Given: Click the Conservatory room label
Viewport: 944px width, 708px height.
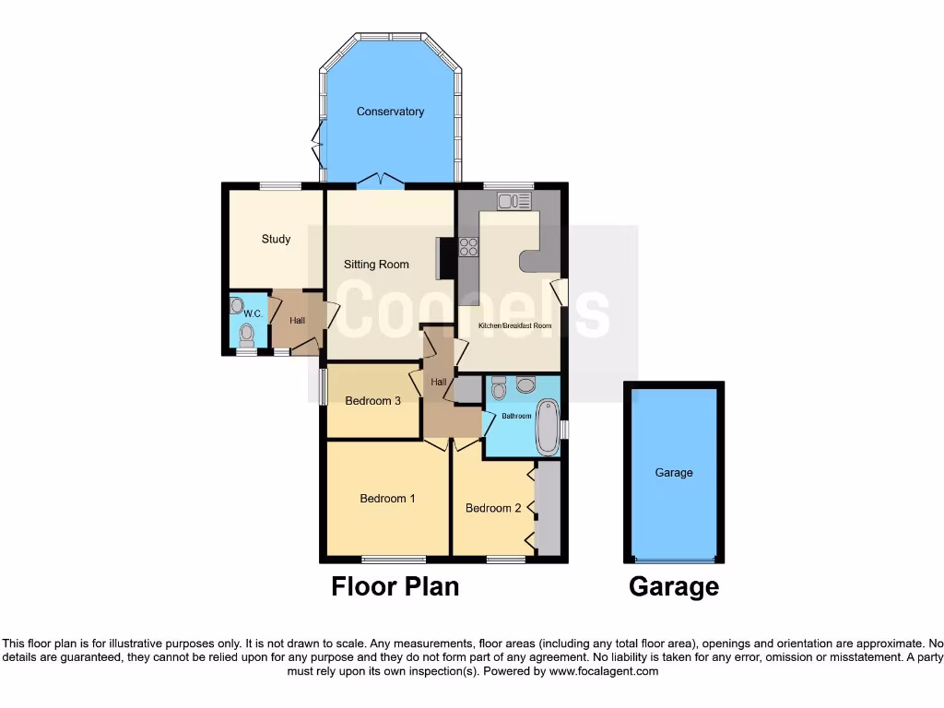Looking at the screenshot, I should point(390,112).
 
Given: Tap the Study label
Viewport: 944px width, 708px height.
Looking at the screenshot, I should point(276,239).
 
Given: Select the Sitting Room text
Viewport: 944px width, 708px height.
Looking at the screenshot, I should point(376,265).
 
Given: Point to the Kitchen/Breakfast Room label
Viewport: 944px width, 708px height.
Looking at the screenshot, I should point(514,325).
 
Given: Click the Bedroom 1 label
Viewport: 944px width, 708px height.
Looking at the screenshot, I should point(387,499).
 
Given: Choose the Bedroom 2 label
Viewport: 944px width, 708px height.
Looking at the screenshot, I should point(493,508).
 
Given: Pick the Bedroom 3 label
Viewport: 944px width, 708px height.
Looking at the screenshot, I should point(372,401).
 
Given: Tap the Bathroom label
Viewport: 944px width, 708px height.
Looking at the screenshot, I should point(516,416).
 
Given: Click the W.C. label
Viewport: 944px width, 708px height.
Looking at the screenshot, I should point(254,314).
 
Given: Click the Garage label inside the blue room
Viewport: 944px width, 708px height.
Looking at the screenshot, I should point(674,473).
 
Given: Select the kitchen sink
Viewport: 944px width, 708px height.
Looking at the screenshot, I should point(514,200).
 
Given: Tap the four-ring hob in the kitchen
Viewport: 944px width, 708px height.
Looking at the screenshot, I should point(468,247).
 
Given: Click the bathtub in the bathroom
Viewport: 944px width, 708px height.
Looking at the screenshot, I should point(548,427).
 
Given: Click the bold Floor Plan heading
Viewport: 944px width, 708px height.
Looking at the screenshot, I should point(395,586).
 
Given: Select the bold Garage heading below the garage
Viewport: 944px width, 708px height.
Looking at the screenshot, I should point(674,586).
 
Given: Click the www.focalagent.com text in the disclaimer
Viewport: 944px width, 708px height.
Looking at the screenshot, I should point(605,672).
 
